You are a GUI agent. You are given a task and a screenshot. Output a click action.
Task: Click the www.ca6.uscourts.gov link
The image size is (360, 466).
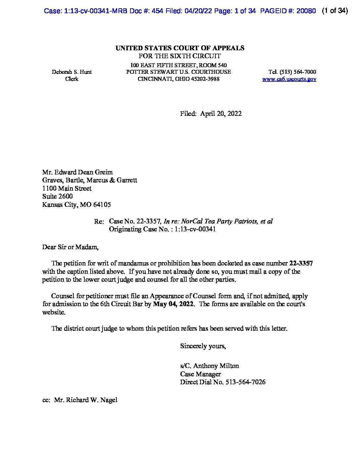[289, 79]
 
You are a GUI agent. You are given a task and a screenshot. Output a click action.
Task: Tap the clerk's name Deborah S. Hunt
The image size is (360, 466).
[72, 72]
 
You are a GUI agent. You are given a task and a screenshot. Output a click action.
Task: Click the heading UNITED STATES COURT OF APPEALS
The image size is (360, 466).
[180, 48]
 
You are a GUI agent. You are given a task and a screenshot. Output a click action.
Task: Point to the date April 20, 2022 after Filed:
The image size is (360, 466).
[221, 114]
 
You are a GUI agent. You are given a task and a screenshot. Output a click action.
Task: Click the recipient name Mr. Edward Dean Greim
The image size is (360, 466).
[77, 172]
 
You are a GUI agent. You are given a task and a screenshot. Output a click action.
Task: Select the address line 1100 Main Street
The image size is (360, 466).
[67, 188]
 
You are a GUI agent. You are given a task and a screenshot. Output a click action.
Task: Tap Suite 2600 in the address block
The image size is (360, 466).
[58, 196]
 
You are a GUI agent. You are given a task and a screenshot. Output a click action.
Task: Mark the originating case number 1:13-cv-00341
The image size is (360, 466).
[195, 229]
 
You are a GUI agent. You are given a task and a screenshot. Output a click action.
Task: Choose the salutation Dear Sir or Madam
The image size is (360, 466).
[70, 247]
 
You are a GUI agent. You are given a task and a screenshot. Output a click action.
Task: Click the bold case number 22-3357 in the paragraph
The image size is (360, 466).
[301, 263]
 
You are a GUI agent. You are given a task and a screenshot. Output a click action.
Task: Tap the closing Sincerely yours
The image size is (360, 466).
[203, 346]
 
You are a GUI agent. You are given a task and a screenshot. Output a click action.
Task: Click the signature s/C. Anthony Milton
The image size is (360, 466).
[209, 366]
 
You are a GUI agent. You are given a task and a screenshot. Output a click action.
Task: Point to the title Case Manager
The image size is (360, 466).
[201, 374]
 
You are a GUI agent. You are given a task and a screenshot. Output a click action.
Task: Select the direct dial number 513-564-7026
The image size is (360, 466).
[245, 382]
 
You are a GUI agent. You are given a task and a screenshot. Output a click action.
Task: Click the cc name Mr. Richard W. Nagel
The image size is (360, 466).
[86, 400]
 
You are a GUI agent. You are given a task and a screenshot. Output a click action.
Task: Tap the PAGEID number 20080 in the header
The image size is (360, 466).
[306, 11]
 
